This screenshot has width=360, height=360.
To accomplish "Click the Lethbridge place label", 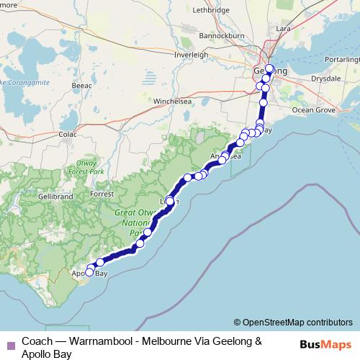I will (x=211, y=11).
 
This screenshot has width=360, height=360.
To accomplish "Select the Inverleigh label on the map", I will (x=192, y=55).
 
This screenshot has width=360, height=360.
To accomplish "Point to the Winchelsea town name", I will (x=171, y=102).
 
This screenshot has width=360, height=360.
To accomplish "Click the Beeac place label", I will (x=82, y=85).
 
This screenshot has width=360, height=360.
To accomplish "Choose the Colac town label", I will (x=68, y=134).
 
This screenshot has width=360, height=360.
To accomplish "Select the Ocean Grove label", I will (x=313, y=109).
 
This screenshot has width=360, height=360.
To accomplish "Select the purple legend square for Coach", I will (x=10, y=346).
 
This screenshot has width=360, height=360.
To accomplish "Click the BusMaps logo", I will (x=328, y=345).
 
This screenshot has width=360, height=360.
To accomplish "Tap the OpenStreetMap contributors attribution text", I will (x=293, y=322).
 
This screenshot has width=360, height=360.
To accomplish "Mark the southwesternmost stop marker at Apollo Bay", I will (x=89, y=273).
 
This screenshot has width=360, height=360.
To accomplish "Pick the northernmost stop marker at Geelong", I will (x=270, y=69).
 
